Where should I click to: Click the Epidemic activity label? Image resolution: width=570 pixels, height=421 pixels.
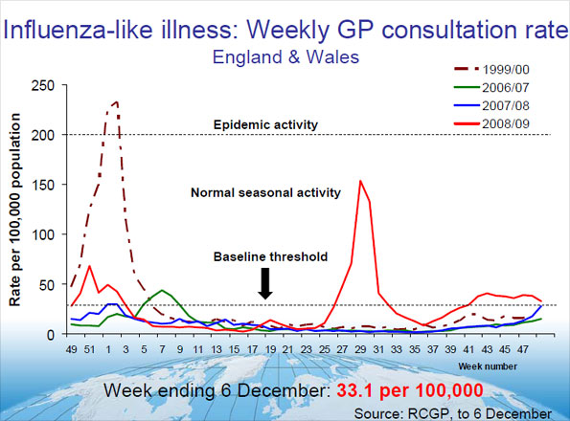[x=265, y=125]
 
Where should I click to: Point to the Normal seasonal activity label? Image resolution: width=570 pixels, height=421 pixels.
[x=265, y=192]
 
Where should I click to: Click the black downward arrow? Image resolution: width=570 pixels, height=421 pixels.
[x=265, y=283]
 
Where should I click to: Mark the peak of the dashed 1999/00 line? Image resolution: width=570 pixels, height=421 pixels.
[x=116, y=101]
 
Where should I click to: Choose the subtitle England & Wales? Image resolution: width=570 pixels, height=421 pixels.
[x=285, y=56]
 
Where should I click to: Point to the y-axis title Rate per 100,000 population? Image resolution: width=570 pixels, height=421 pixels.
[x=16, y=209]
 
